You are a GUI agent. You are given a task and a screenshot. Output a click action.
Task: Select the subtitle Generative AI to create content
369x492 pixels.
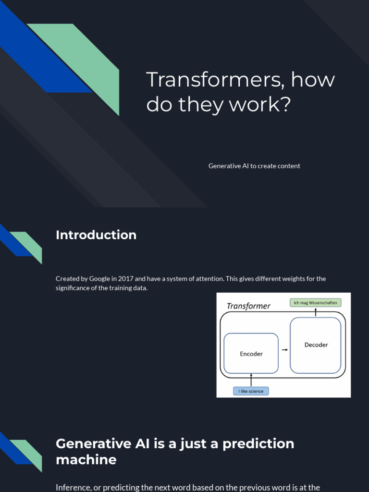pyautogui.click(x=254, y=166)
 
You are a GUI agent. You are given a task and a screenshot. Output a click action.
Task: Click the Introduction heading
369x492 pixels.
pyautogui.click(x=96, y=235)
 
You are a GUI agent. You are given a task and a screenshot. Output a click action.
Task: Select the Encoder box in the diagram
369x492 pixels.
pyautogui.click(x=251, y=354)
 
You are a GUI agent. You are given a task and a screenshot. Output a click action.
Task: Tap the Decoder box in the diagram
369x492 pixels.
pyautogui.click(x=316, y=345)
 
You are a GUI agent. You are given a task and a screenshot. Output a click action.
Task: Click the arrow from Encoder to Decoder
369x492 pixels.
pyautogui.click(x=284, y=350)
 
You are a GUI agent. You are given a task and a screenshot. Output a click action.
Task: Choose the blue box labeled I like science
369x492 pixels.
pyautogui.click(x=251, y=391)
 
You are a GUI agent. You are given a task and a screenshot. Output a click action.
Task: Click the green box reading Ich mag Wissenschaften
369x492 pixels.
pyautogui.click(x=316, y=303)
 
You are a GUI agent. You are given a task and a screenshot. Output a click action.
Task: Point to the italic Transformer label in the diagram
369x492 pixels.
pyautogui.click(x=248, y=306)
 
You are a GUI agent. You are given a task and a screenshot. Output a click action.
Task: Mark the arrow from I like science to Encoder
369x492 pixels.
pyautogui.click(x=251, y=380)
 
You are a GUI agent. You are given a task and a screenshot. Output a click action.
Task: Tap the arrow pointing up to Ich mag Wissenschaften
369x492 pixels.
pyautogui.click(x=316, y=312)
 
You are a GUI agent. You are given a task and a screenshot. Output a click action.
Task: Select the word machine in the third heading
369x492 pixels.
pyautogui.click(x=86, y=460)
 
